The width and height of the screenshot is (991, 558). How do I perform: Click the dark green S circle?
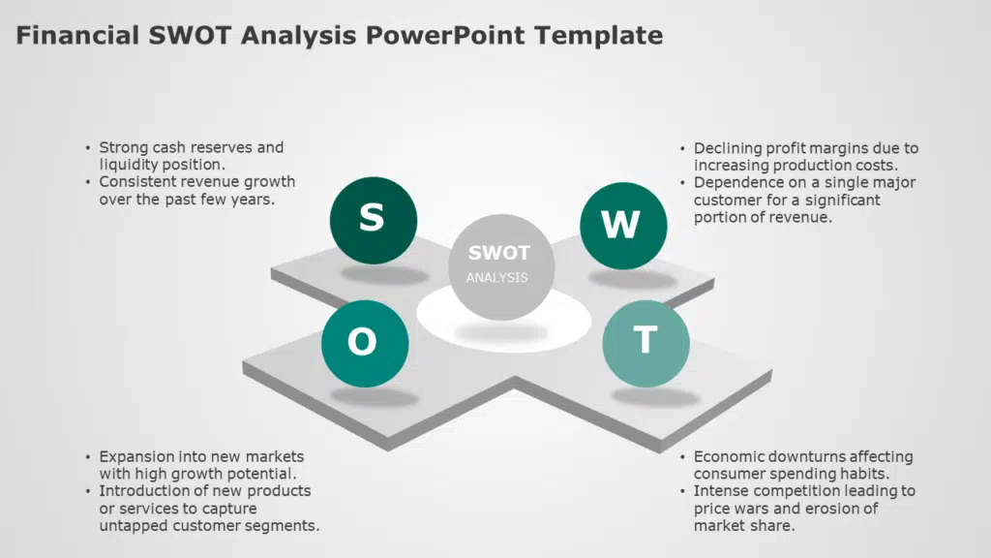(373, 220)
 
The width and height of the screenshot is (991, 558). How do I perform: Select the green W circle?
(623, 226)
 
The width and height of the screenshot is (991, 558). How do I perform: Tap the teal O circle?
(365, 344)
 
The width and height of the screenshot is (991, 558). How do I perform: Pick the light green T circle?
(646, 344)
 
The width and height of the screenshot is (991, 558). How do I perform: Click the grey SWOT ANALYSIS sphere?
(501, 267)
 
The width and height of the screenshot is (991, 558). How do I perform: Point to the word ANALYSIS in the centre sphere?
(496, 278)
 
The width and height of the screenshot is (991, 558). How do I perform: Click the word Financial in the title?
(77, 36)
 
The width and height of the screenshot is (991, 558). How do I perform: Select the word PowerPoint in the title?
(445, 36)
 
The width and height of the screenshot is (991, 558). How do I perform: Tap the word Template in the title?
(598, 37)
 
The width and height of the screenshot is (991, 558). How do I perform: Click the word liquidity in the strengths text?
(129, 165)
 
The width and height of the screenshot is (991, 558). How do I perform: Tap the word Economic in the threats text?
(724, 457)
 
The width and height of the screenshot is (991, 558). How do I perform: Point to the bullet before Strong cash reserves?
(88, 148)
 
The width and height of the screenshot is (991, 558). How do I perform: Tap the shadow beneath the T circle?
(655, 396)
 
